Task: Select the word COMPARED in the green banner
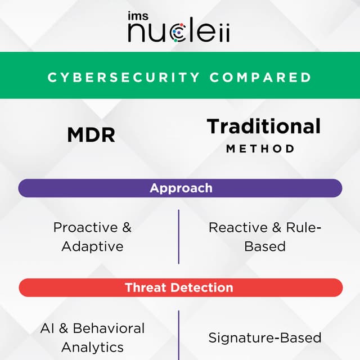coord(260,77)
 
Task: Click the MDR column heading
coord(91,135)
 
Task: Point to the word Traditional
coord(264,126)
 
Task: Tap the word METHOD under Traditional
coord(260,149)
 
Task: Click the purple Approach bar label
coord(181,188)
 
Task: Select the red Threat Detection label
coord(179,287)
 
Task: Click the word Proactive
coord(85,228)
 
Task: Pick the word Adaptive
coord(92,246)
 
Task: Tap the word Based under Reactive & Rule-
coord(264,246)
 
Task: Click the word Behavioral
coord(109,328)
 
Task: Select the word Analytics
coord(92,346)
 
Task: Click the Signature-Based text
coord(265,337)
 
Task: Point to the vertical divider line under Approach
coord(179,236)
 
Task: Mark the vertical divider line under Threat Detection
coord(179,335)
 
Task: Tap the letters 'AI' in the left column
coord(47,328)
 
